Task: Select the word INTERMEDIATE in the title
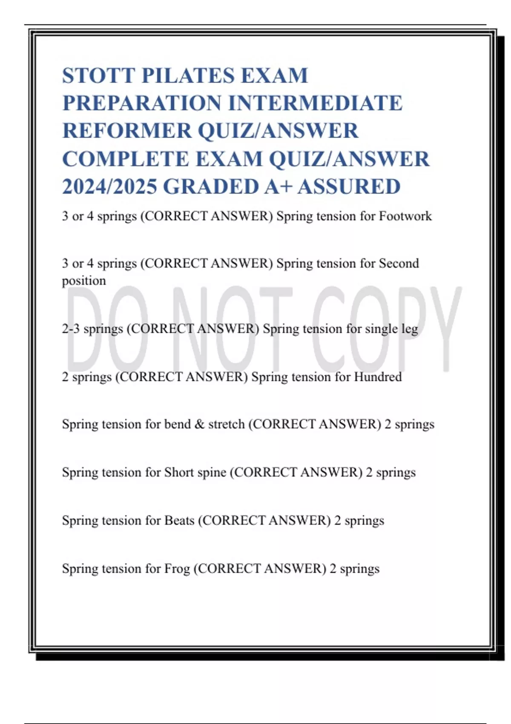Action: (316, 103)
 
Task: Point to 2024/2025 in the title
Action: (109, 187)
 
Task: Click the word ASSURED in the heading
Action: (349, 187)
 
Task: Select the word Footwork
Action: (405, 216)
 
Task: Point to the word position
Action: (84, 281)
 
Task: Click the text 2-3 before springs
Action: (71, 329)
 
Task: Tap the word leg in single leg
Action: (410, 329)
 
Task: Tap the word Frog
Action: (177, 569)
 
